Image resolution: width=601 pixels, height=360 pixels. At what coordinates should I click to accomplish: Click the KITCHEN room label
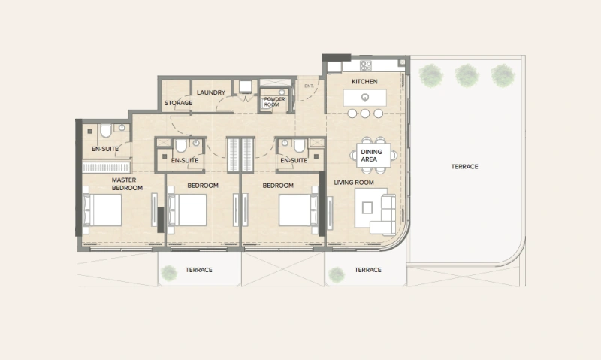point(364,81)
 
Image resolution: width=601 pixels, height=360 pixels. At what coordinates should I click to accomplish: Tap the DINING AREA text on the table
point(371,155)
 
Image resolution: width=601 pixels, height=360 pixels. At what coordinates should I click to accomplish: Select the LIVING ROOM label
point(353,182)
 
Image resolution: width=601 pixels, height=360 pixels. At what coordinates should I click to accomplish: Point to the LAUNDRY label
point(211,92)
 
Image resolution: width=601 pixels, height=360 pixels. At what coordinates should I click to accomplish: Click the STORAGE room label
point(178,104)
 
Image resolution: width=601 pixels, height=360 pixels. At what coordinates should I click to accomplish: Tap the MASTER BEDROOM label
point(127,184)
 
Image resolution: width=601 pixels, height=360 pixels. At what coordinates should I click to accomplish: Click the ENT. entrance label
point(308,86)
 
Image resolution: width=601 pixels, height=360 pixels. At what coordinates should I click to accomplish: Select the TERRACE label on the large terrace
point(464,166)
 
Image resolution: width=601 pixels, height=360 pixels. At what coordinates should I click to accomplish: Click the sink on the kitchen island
point(365,98)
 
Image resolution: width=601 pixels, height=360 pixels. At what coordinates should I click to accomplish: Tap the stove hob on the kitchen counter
point(366,65)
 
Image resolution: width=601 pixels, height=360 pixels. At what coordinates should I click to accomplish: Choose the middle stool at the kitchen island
point(365,113)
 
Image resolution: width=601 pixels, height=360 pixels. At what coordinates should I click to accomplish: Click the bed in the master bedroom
point(103,210)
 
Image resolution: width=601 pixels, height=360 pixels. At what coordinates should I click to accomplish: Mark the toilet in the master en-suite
point(105,132)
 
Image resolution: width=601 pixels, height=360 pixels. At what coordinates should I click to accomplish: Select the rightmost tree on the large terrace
point(501,74)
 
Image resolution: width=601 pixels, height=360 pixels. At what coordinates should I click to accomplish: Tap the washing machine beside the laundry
point(246,87)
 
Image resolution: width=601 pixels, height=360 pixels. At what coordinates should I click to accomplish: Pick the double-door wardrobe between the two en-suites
point(242,155)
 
